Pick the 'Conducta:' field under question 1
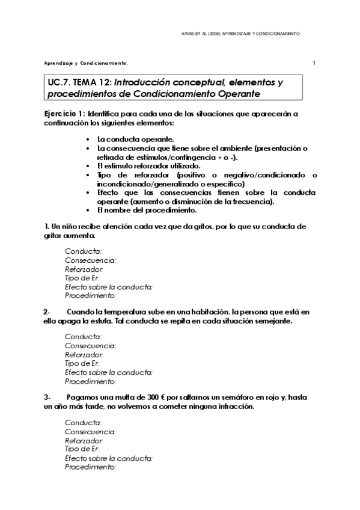(83, 251)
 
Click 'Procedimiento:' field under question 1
(90, 295)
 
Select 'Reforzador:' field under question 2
(84, 355)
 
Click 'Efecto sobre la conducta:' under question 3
(109, 458)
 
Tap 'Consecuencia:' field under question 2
(90, 346)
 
